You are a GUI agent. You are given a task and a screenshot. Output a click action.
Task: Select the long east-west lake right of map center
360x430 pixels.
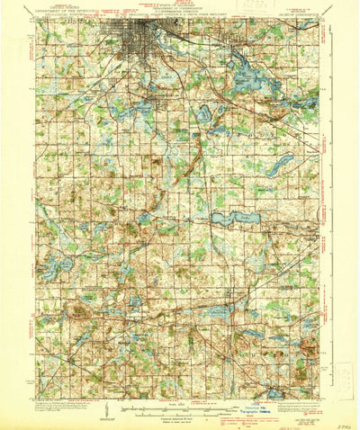(232, 218)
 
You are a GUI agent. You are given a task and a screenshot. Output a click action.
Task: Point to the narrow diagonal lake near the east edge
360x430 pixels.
(281, 163)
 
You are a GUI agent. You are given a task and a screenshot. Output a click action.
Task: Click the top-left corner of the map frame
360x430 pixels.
(36, 20)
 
